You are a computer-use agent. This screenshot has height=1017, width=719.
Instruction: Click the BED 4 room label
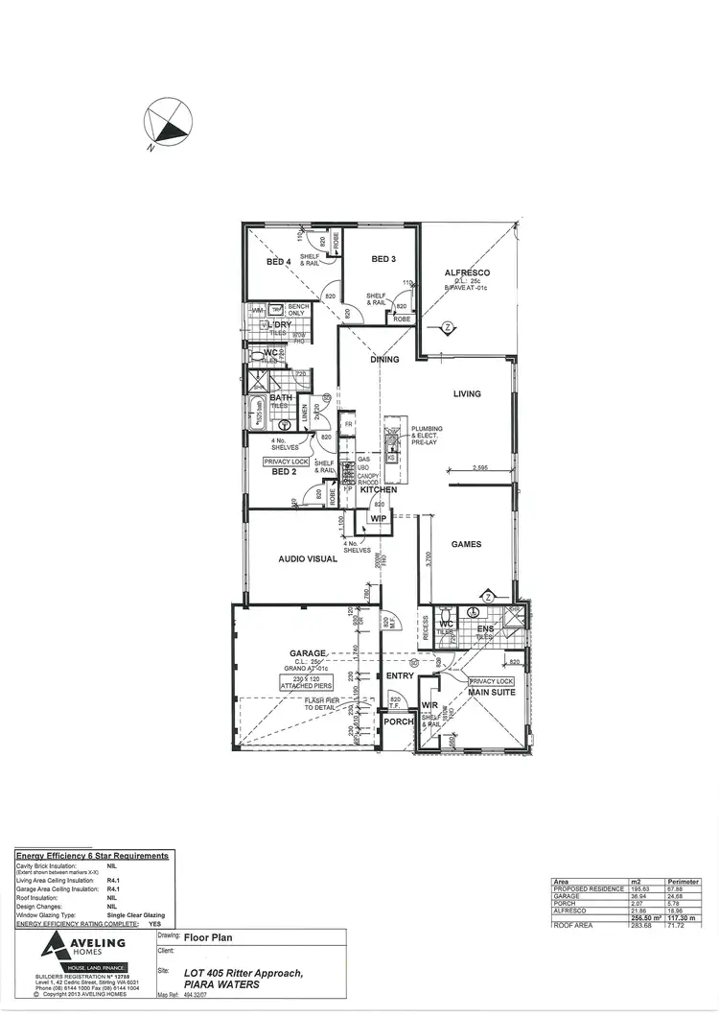point(278,261)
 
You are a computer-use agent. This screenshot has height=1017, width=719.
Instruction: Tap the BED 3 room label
point(383,259)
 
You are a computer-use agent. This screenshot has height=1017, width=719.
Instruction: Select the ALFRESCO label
point(467,273)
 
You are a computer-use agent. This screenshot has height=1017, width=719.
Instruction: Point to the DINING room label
point(384,360)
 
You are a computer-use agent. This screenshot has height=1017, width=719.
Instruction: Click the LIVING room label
point(467,394)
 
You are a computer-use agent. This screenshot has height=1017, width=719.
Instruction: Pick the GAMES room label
point(467,544)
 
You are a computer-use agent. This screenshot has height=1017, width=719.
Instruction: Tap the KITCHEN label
point(379,489)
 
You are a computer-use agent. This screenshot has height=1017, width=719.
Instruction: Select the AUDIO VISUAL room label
point(308,558)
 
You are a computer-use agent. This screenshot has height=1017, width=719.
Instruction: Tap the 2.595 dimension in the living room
point(487,468)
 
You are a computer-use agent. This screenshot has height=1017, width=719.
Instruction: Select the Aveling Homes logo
point(81,952)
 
